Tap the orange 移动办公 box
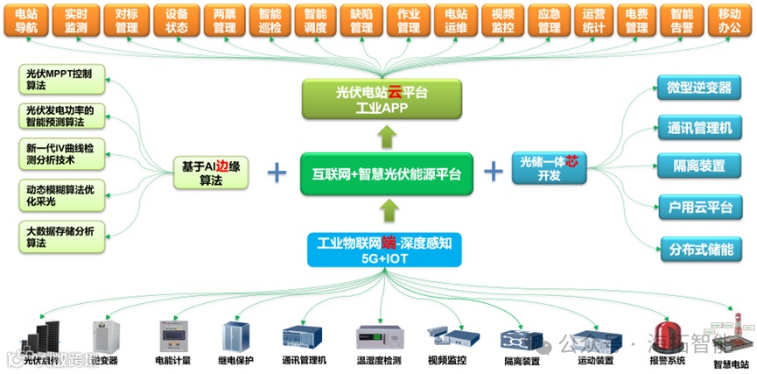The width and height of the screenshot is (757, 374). (x=729, y=21)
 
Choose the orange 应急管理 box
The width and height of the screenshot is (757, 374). (x=549, y=21)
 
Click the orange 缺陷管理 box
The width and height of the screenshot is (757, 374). (x=361, y=21)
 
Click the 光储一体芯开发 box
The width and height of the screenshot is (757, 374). (x=548, y=168)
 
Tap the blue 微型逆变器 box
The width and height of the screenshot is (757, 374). (x=698, y=89)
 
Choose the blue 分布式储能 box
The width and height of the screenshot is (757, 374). (x=698, y=249)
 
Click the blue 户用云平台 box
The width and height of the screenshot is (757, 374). (x=698, y=208)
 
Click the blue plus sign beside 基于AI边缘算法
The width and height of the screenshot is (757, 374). (x=277, y=171)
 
